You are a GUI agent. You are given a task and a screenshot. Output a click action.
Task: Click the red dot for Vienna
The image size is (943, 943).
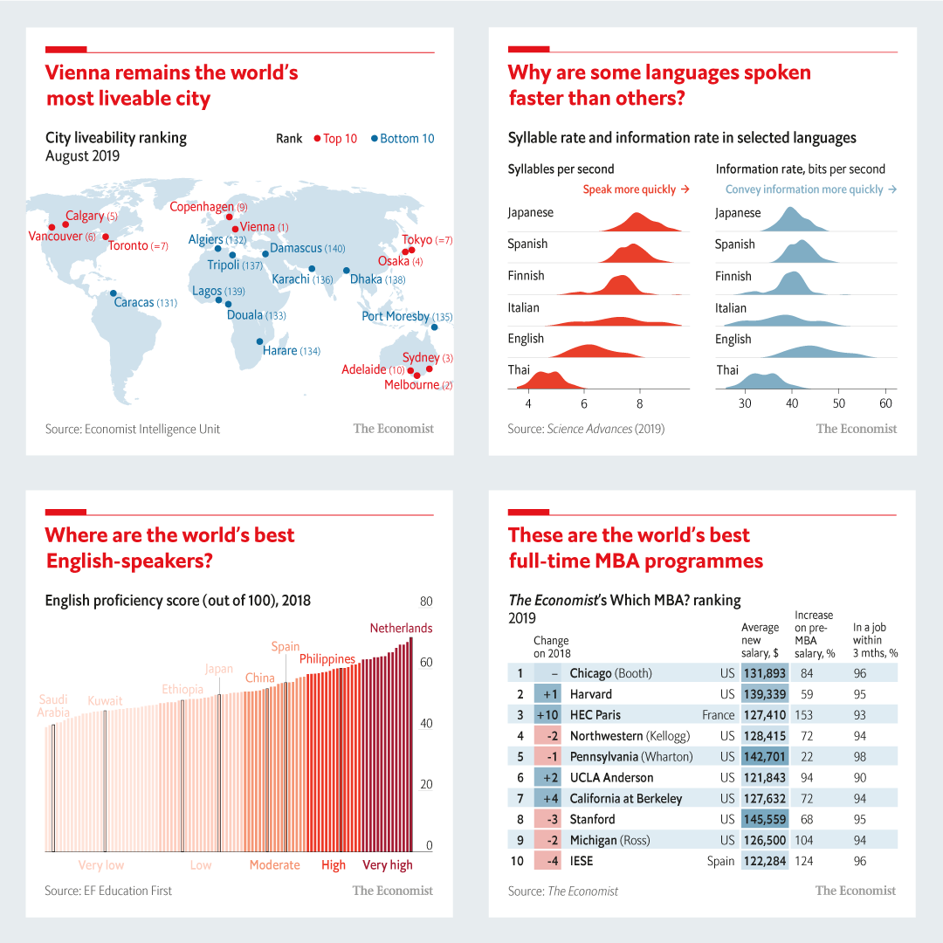click(235, 229)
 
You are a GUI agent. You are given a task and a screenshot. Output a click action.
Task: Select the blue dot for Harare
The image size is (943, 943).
click(259, 341)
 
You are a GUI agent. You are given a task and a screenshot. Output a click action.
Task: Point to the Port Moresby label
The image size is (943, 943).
click(396, 316)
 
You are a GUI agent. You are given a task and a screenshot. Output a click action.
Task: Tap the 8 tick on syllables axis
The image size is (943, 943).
click(639, 404)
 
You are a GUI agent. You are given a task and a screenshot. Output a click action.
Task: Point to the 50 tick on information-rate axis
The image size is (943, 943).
click(838, 404)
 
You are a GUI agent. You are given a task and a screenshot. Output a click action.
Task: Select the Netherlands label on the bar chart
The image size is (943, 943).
click(401, 628)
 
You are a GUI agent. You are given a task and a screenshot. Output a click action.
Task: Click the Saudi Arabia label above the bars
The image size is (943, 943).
click(53, 706)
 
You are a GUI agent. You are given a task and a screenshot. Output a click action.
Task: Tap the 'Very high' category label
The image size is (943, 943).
click(388, 865)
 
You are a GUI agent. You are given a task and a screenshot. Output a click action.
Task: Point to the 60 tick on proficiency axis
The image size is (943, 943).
click(426, 663)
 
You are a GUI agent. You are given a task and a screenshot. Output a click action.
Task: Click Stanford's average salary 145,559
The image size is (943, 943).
click(765, 819)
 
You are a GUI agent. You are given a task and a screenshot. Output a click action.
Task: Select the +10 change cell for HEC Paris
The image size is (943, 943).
click(547, 715)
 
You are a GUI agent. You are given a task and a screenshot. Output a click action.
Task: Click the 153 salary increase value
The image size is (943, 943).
click(803, 715)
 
